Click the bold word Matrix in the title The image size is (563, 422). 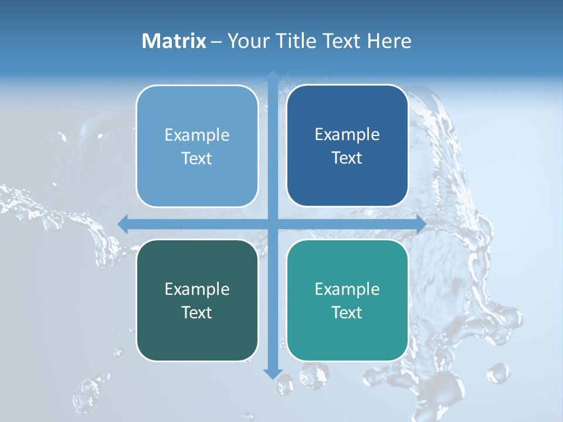(174, 41)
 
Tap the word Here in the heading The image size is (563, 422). (389, 41)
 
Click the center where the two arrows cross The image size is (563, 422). (273, 224)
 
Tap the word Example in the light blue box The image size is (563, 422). (197, 135)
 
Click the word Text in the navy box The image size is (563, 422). (347, 158)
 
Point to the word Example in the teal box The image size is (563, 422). (347, 289)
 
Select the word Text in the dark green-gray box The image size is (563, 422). (197, 312)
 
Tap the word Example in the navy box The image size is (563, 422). (347, 134)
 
